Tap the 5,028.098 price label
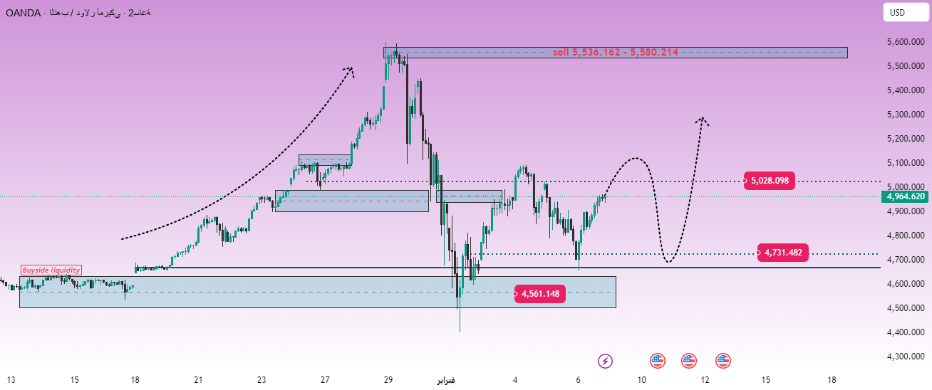(770, 180)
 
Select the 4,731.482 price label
(783, 253)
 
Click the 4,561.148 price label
(539, 293)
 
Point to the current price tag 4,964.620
(906, 196)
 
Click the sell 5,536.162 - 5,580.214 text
(615, 52)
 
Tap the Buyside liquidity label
(51, 270)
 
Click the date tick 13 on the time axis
(11, 380)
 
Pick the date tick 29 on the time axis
(388, 380)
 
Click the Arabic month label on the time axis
(446, 380)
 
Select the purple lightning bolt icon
(605, 361)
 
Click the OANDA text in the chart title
(22, 14)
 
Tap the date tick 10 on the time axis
(642, 380)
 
